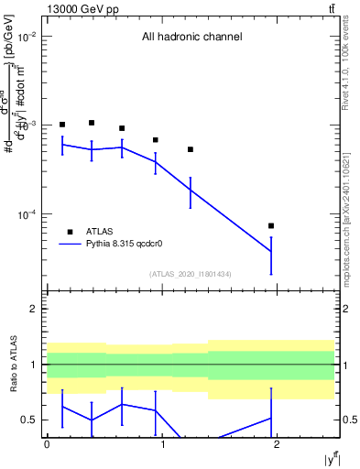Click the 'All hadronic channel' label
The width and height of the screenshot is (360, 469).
coord(191,38)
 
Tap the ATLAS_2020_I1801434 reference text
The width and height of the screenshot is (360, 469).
coord(190,274)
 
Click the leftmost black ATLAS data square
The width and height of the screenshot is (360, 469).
coord(62,125)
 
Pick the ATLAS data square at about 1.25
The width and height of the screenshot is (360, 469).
coord(191,149)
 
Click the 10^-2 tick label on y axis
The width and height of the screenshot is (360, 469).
coord(25,37)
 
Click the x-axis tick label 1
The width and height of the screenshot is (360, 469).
coord(162,444)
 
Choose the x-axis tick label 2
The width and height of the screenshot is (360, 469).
coord(277,444)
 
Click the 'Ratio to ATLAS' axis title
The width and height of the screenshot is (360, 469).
coord(12,365)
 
